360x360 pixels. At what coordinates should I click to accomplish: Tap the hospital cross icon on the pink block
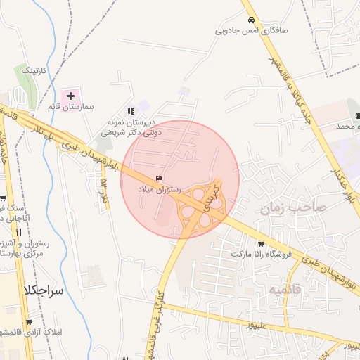pos(70,95)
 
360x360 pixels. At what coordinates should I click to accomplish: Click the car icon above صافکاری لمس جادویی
pos(250,20)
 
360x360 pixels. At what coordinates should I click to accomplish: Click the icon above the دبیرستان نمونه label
pos(131,110)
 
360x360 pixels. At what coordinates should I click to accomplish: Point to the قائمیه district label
pos(269,290)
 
